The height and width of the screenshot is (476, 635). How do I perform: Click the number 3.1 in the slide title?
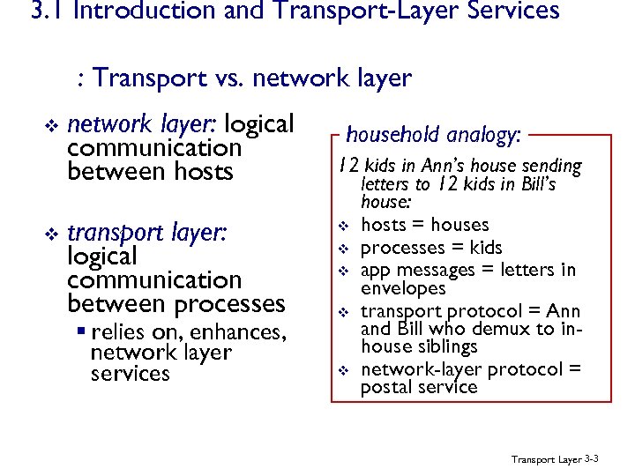(44, 11)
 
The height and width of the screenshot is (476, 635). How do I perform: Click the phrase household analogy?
(434, 135)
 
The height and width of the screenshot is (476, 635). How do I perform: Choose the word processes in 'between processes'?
(230, 304)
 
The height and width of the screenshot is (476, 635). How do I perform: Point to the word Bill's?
(534, 185)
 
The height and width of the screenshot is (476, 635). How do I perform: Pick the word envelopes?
(404, 288)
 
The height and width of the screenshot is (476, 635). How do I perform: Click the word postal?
(388, 387)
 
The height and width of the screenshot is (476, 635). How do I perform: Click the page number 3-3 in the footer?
(592, 459)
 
